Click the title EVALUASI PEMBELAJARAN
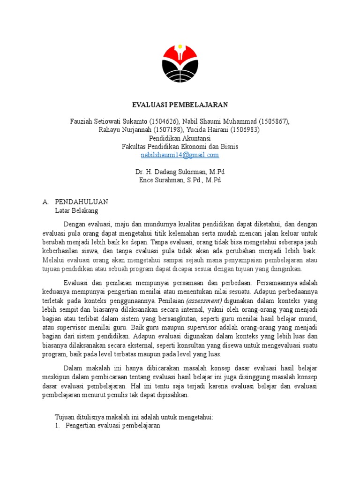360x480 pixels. click(x=180, y=105)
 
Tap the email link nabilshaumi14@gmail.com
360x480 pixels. click(x=180, y=155)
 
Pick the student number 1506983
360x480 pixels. click(x=244, y=130)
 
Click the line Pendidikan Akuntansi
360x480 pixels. click(x=180, y=138)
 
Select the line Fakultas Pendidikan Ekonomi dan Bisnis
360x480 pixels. click(x=180, y=147)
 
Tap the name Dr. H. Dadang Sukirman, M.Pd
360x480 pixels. click(x=180, y=172)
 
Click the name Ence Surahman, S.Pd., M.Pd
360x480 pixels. click(x=180, y=180)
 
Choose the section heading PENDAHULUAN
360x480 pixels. click(x=82, y=202)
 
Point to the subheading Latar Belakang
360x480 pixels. click(x=77, y=210)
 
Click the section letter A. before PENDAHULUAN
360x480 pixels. click(x=45, y=202)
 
